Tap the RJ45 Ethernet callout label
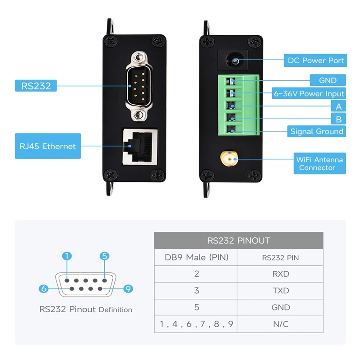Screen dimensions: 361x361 48,146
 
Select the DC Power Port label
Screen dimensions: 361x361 315,60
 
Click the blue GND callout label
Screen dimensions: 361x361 327,80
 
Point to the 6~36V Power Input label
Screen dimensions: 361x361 309,93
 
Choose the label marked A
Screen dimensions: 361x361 338,106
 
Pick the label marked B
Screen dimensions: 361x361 338,119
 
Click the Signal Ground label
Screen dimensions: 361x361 316,131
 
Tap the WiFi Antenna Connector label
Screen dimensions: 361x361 319,163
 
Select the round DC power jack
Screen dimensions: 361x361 233,60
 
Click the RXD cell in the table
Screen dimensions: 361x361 280,274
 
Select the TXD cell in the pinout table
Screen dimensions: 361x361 280,291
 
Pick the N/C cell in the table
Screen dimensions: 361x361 280,324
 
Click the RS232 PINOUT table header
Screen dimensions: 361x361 239,240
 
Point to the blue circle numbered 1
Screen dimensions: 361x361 67,256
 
